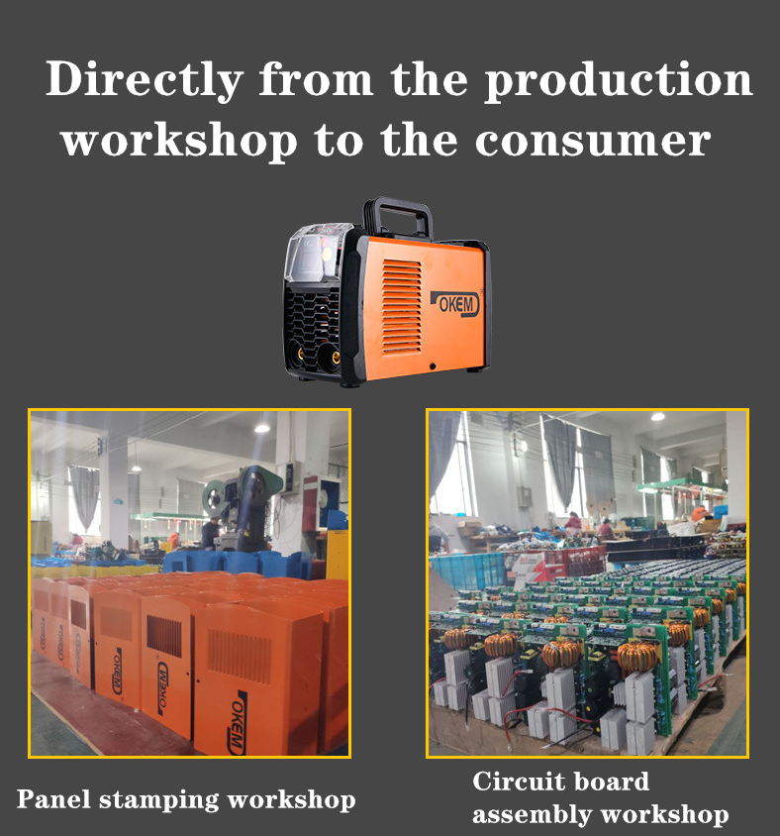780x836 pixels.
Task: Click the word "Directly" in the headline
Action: coord(145,80)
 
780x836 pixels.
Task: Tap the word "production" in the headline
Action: coord(619,80)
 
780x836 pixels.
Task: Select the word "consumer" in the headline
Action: coord(593,141)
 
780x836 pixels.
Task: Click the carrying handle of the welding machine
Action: coord(398,215)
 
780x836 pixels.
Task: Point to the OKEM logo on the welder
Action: coord(455,304)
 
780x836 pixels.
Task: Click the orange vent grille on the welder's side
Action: coord(402,307)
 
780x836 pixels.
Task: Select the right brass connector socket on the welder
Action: coord(331,357)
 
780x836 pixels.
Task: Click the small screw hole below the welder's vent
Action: coord(433,366)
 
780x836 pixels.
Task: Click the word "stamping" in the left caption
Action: coord(159,800)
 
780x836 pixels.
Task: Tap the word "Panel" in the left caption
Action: coord(53,798)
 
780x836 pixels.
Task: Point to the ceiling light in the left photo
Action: coord(261,428)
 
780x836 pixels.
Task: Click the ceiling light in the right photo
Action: coord(657,416)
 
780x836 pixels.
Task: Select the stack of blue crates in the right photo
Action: coord(467,571)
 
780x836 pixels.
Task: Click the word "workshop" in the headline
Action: coord(179,141)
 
